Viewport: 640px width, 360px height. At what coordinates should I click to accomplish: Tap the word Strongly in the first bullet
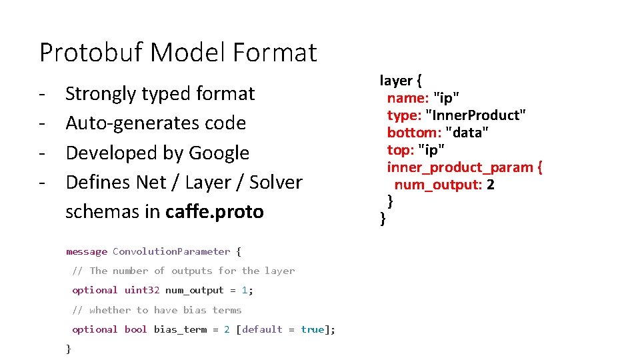pos(101,93)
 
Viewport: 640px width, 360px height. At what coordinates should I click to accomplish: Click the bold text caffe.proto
pos(215,211)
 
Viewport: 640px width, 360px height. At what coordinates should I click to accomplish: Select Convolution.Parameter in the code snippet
pos(171,251)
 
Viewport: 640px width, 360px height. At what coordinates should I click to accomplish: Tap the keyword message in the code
pos(87,251)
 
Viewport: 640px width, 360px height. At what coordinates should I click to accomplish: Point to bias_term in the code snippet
pos(180,329)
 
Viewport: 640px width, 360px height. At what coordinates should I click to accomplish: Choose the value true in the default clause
pos(313,329)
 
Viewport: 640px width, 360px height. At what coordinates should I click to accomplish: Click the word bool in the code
pos(136,329)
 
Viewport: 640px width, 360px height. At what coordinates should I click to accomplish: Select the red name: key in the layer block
pos(407,98)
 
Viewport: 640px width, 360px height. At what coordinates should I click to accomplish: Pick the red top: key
pos(400,149)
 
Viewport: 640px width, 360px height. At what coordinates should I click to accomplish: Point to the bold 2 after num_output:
pos(491,185)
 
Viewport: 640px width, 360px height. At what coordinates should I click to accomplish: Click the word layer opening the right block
pos(396,81)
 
